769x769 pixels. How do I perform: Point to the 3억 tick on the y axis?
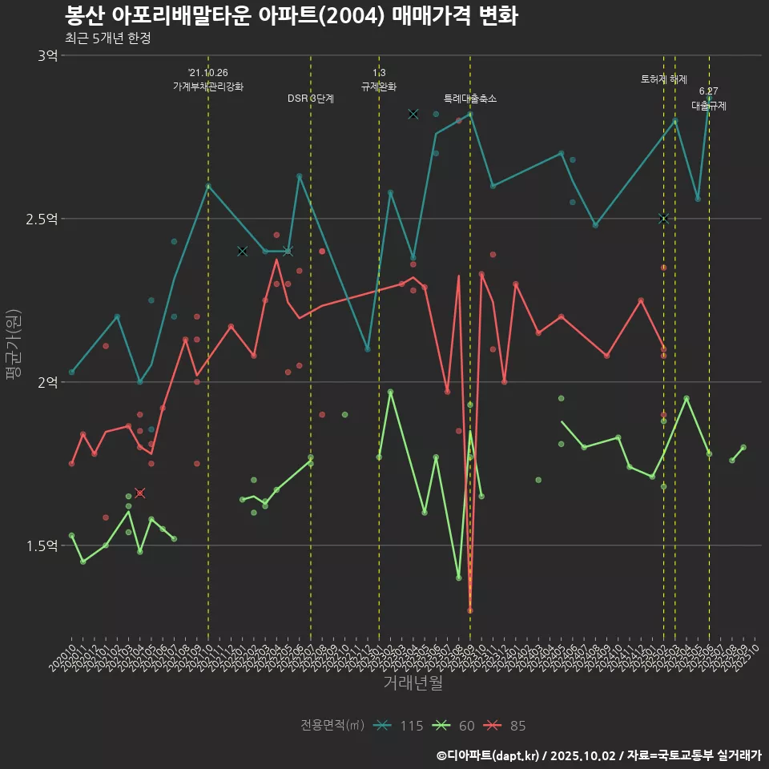point(47,55)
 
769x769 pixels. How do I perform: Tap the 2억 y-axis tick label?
point(47,382)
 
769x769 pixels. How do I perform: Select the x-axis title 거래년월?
point(413,683)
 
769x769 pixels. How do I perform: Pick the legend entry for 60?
point(454,726)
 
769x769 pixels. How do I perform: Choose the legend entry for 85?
point(506,726)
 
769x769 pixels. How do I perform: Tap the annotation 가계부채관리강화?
point(208,87)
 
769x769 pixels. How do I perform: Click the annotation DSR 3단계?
point(311,99)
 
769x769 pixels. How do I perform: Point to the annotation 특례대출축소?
point(470,99)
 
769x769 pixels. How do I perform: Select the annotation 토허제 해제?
point(664,79)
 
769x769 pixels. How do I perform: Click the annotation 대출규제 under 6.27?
point(709,106)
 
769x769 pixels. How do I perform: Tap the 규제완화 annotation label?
point(379,87)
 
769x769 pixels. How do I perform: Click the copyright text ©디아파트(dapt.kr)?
point(489,755)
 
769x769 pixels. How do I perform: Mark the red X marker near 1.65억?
point(140,493)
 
